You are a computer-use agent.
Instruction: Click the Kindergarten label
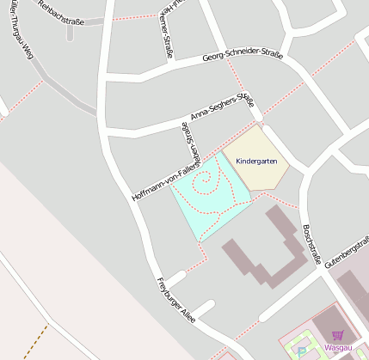pos(255,161)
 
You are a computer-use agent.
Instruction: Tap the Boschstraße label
pos(311,240)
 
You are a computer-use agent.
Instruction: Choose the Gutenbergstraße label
pos(348,246)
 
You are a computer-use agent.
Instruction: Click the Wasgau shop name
pos(338,348)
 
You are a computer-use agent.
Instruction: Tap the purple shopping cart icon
pos(337,335)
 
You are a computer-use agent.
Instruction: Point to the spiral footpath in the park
pos(204,183)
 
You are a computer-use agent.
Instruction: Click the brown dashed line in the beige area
pos(34,340)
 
